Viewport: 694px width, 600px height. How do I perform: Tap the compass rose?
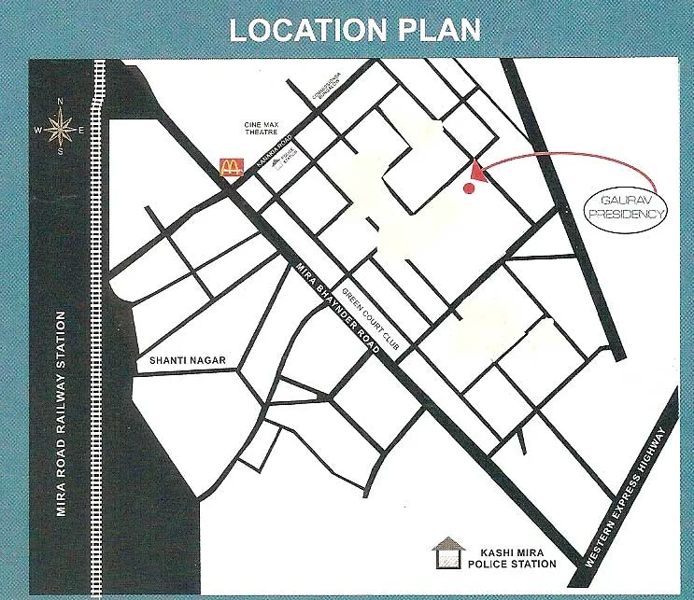[61, 128]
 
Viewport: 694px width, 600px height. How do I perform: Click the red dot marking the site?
[469, 188]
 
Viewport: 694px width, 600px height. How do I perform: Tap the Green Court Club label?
[372, 317]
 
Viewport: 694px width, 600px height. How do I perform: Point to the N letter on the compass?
[61, 103]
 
